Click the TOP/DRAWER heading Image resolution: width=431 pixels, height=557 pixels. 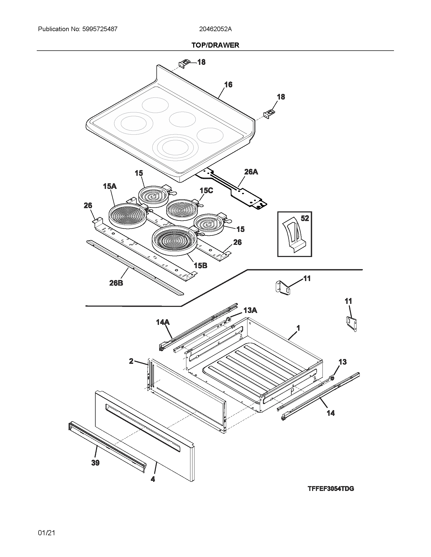215,45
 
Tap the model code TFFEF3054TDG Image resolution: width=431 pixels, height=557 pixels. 331,489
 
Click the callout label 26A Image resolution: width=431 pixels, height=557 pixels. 251,172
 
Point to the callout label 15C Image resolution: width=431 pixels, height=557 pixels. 206,190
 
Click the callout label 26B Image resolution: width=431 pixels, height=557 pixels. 116,283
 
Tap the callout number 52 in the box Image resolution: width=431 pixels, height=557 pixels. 304,218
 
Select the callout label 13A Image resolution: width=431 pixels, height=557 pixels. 250,310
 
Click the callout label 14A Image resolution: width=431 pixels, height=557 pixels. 163,322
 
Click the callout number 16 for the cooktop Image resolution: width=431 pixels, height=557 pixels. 228,85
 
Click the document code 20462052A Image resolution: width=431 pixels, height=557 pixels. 215,29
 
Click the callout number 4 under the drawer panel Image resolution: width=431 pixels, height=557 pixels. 153,479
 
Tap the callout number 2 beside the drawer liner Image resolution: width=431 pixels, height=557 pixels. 131,361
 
